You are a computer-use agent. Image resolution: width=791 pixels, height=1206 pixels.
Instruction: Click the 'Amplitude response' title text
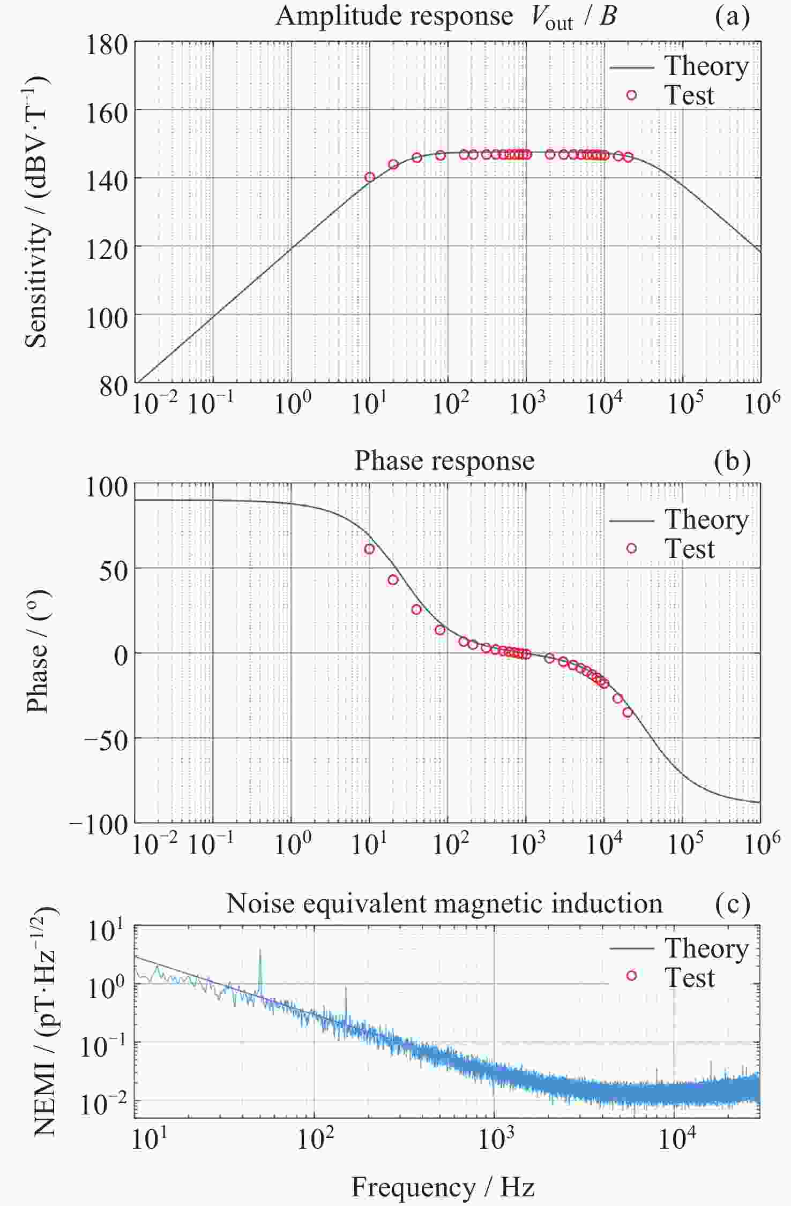(x=394, y=16)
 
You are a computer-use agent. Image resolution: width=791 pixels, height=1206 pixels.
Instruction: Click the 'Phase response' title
(x=444, y=461)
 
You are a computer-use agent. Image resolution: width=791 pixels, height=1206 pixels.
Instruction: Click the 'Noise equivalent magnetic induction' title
(x=444, y=903)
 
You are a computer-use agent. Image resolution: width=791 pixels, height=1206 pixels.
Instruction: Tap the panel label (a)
(x=732, y=17)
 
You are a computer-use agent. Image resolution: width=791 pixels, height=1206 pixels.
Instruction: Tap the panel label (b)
(x=732, y=461)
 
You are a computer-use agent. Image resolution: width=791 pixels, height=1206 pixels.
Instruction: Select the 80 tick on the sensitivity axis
(x=114, y=386)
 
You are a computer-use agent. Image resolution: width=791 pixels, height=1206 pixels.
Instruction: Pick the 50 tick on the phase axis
(x=114, y=571)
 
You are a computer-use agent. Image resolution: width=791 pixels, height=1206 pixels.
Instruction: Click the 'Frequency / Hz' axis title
(x=443, y=1187)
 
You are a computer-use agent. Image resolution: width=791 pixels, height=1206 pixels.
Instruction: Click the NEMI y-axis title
(x=45, y=1020)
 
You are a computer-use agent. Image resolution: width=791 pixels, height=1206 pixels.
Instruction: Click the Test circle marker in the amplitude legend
(x=631, y=95)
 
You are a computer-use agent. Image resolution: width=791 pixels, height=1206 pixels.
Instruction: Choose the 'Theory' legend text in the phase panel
(x=706, y=519)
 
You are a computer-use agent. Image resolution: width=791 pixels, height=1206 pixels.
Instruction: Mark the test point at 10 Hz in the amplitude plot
(x=369, y=177)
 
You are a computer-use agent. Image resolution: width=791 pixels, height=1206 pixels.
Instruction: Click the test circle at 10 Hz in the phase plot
(x=369, y=549)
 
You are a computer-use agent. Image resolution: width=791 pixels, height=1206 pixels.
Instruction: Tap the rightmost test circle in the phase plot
(x=628, y=712)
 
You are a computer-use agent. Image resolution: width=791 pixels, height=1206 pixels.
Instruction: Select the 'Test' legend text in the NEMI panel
(x=690, y=978)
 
